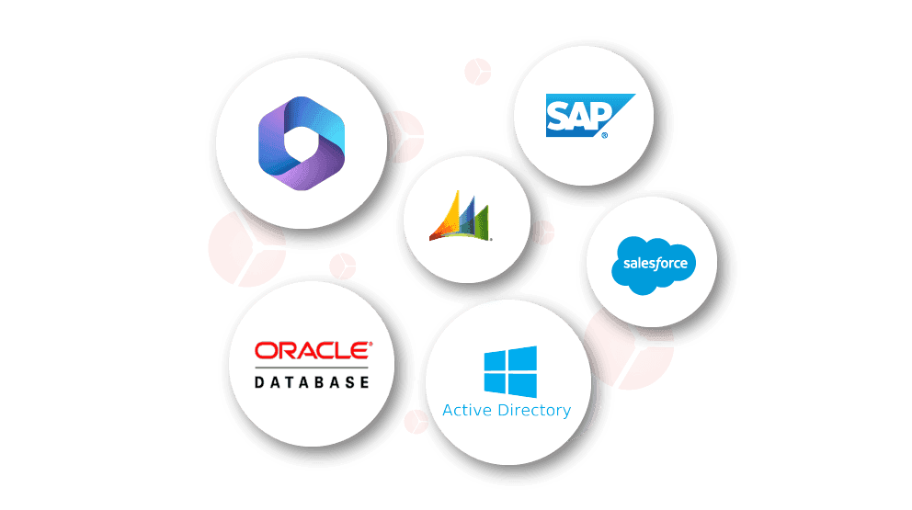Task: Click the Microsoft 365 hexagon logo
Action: coord(302,143)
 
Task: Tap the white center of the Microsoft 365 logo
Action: coord(302,143)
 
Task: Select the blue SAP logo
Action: coord(590,116)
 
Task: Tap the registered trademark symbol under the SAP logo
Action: coord(605,135)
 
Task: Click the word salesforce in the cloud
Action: coord(655,264)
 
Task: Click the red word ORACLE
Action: coord(313,351)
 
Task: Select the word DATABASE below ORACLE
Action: coord(312,382)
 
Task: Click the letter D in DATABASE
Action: coord(259,382)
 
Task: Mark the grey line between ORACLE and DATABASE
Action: coord(312,368)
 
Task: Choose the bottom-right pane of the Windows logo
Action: coord(522,386)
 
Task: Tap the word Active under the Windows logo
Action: coord(467,410)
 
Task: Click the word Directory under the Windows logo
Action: coord(534,411)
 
